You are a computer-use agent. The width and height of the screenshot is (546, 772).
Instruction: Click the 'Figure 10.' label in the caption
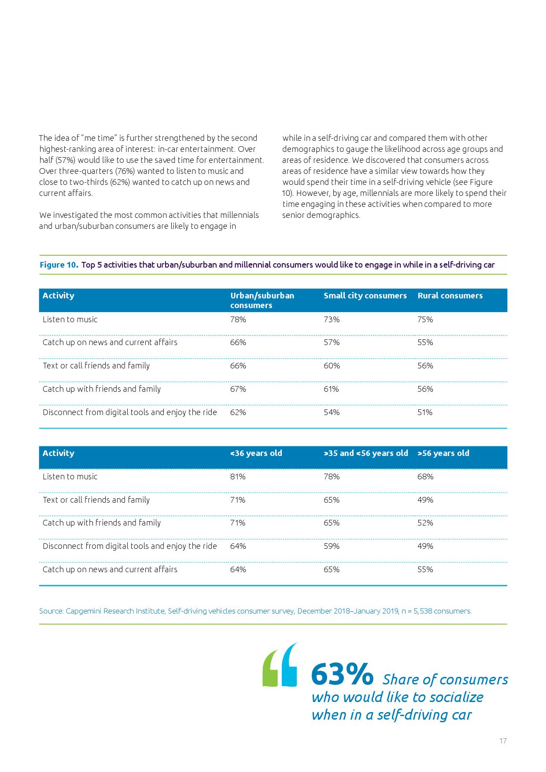(x=59, y=265)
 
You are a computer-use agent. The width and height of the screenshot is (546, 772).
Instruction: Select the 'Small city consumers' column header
(x=365, y=296)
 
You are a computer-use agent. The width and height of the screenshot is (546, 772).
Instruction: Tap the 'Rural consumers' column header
(x=450, y=296)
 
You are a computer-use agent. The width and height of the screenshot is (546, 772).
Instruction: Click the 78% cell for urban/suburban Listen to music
(x=238, y=320)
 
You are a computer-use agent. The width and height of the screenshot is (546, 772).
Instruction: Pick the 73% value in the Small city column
(x=332, y=320)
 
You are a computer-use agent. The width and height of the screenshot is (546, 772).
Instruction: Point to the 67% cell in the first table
(x=238, y=389)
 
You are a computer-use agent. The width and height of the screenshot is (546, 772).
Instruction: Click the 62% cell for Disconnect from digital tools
(x=238, y=412)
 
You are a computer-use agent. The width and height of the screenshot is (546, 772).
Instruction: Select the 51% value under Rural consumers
(x=425, y=412)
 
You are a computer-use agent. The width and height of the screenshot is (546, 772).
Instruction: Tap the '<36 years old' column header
(x=256, y=453)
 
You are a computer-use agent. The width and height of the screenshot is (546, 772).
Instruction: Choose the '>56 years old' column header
(x=443, y=453)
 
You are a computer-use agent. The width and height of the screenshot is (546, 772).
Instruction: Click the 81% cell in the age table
(x=238, y=477)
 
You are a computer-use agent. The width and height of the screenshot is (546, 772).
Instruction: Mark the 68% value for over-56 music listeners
(x=425, y=477)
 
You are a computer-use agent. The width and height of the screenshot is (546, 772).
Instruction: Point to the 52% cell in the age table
(x=425, y=523)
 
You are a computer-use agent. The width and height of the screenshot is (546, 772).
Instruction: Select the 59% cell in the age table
(x=332, y=546)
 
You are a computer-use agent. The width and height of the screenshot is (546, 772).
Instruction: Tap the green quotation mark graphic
(x=270, y=670)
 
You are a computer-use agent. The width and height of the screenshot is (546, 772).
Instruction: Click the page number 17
(x=503, y=741)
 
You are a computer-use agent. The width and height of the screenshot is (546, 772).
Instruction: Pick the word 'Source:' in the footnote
(x=51, y=611)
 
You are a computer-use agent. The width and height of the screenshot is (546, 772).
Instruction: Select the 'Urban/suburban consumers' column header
(x=262, y=300)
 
